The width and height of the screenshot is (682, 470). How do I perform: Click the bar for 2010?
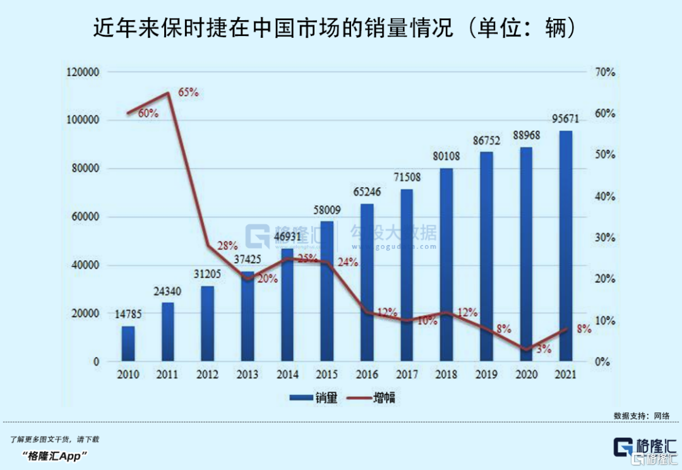(128, 344)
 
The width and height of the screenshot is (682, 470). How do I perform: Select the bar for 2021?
(565, 246)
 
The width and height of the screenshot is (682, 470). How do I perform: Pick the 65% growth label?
(188, 92)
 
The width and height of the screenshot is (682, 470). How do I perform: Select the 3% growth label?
(544, 349)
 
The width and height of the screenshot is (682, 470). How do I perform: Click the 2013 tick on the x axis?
(248, 374)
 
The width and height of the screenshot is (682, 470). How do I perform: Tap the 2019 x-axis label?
(486, 374)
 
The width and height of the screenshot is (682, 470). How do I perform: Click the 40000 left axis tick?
(86, 265)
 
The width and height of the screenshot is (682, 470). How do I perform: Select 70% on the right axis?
(604, 72)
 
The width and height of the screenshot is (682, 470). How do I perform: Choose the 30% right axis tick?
(604, 238)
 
